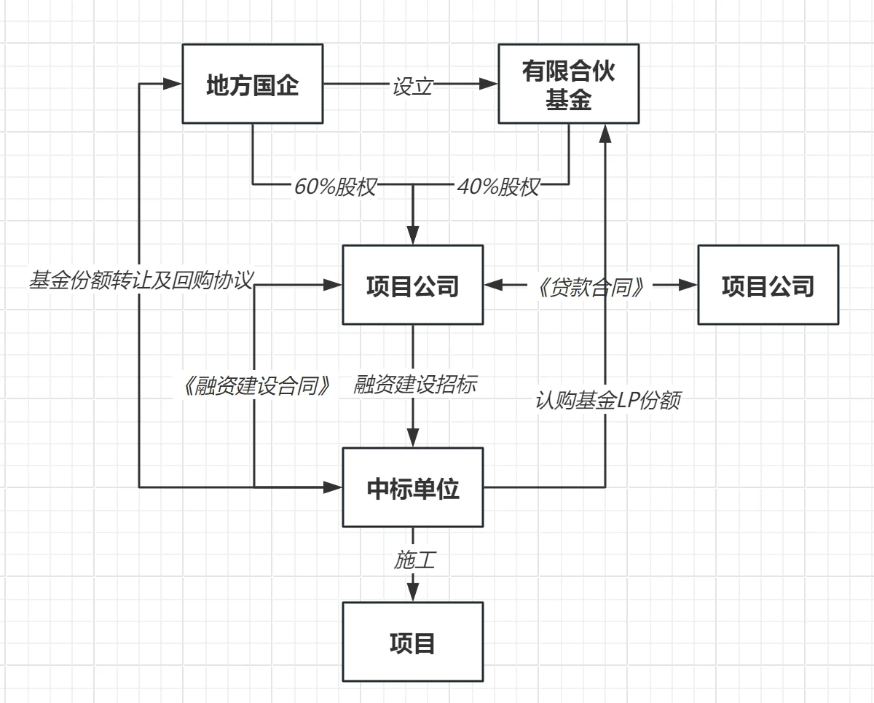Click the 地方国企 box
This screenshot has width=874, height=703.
tap(252, 84)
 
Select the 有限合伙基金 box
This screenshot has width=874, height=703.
tap(568, 84)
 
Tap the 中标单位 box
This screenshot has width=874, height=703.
tap(413, 487)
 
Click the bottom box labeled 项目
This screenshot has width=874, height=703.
tap(413, 642)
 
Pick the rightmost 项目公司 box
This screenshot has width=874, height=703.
tap(768, 285)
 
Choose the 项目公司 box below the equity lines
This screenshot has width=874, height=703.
tap(413, 285)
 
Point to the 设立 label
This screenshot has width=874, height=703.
tap(412, 85)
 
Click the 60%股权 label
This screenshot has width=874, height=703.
tap(335, 187)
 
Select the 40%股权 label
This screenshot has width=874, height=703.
tap(498, 187)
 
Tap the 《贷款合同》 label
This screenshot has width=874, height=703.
tap(591, 286)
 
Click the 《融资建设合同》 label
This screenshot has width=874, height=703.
tap(258, 385)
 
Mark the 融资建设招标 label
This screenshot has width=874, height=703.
tap(415, 384)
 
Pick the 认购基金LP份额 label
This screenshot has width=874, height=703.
tap(607, 401)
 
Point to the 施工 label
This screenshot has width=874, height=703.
tap(414, 559)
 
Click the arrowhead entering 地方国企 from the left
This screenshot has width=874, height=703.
tap(173, 84)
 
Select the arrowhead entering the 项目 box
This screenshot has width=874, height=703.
tap(413, 593)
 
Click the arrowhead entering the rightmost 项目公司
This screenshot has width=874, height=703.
tap(689, 285)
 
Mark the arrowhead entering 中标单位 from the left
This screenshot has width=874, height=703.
tap(334, 487)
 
